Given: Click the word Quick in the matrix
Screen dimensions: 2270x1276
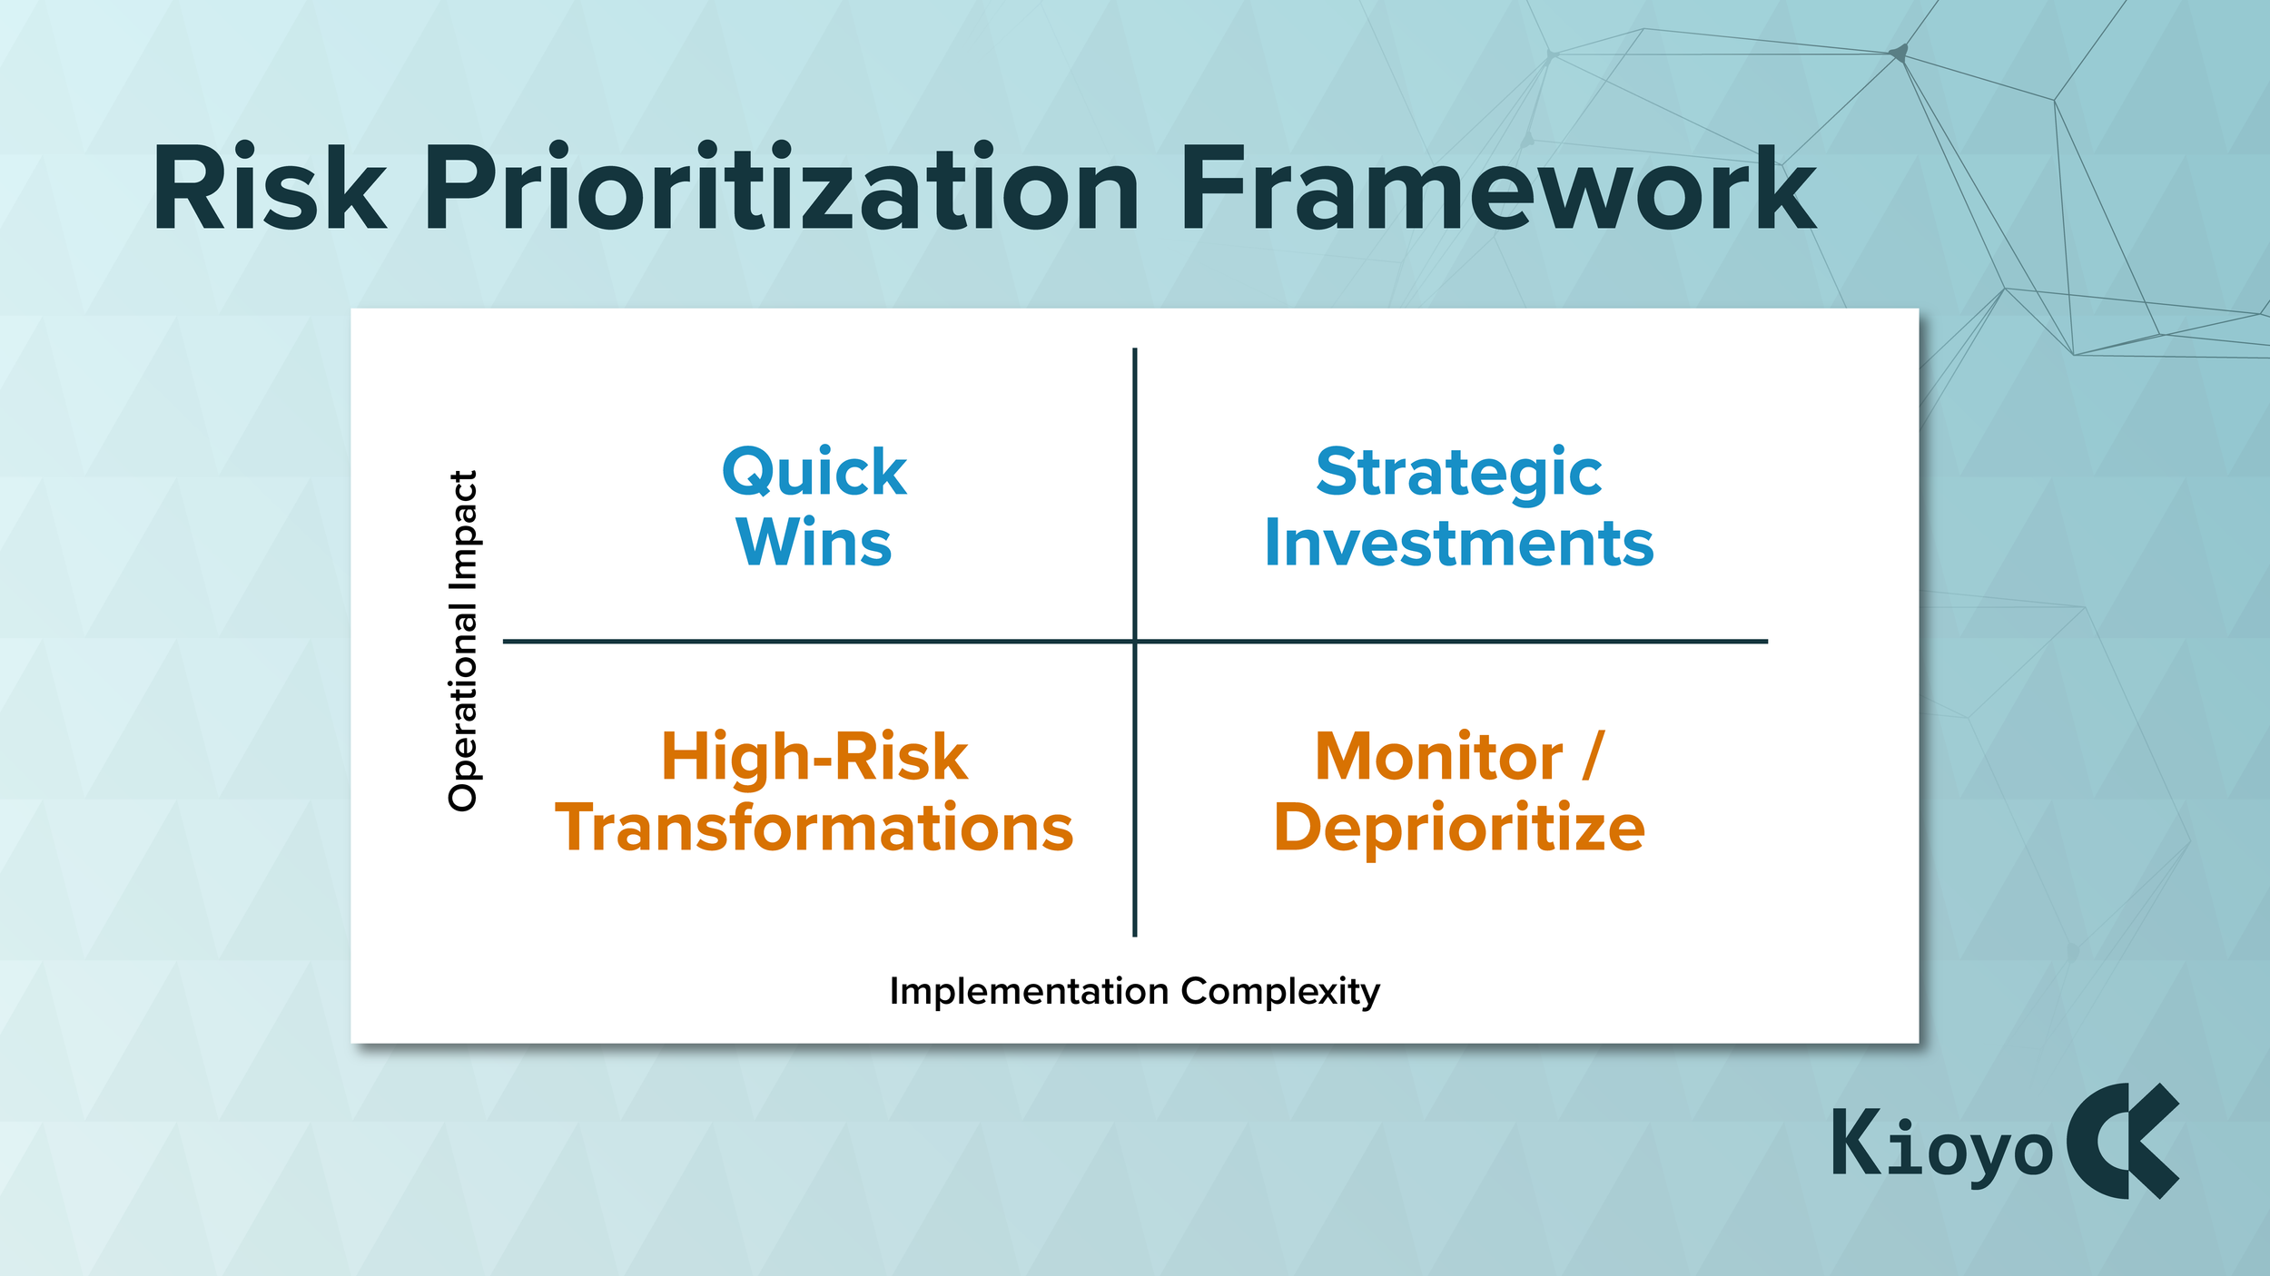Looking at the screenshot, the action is tap(814, 473).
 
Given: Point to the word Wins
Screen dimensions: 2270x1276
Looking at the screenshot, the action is tap(814, 543).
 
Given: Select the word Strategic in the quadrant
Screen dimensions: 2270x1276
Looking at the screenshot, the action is tap(1459, 474).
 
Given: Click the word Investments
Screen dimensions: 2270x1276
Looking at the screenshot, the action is tap(1459, 543).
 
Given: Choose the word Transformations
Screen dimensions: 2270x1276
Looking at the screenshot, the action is tap(814, 828).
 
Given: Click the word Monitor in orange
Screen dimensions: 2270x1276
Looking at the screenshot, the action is tap(1439, 757).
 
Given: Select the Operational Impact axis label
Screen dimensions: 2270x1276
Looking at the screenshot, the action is tap(463, 641).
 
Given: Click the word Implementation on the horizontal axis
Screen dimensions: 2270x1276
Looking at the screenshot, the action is tap(1029, 991).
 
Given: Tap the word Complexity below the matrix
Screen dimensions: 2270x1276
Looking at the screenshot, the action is tap(1280, 992).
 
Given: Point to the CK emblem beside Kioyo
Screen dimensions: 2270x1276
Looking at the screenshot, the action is tap(2122, 1141).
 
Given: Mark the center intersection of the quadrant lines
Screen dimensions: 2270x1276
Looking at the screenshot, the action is tap(1135, 642).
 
